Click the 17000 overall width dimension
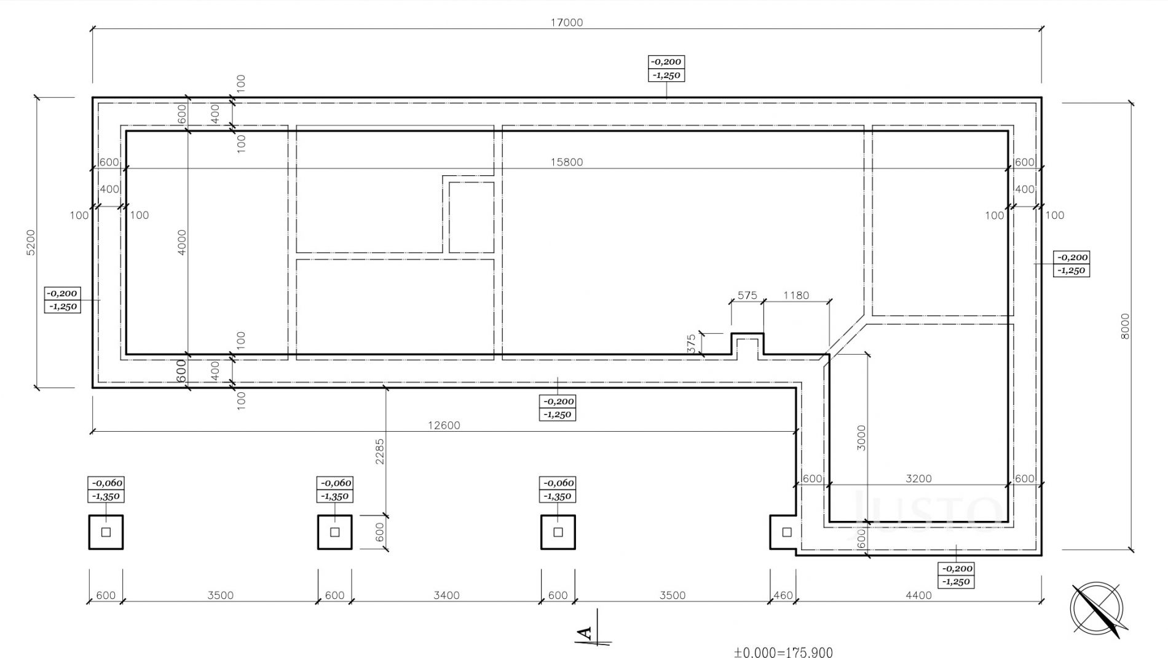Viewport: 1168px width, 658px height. [x=567, y=23]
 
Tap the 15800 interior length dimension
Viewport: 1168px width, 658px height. [x=567, y=162]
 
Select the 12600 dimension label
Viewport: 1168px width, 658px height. [x=444, y=425]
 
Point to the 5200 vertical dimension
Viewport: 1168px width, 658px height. [x=31, y=242]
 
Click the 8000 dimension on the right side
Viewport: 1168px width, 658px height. [x=1125, y=326]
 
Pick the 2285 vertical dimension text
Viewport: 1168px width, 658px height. [x=380, y=451]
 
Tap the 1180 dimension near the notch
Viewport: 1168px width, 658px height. [x=796, y=295]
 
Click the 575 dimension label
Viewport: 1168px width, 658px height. [x=747, y=295]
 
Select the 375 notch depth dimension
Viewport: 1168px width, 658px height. [x=692, y=344]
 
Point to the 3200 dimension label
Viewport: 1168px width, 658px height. [x=919, y=478]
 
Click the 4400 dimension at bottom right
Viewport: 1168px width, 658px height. [x=919, y=595]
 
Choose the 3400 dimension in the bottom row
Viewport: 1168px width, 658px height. [x=446, y=595]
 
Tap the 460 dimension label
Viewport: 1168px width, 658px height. [x=783, y=595]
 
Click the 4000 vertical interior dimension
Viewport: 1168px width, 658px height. [x=181, y=242]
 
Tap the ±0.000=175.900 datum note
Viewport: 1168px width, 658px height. [x=783, y=652]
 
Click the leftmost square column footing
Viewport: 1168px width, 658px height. [x=106, y=532]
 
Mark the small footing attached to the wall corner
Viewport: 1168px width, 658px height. [x=784, y=533]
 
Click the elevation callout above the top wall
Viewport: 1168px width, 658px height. [x=666, y=68]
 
